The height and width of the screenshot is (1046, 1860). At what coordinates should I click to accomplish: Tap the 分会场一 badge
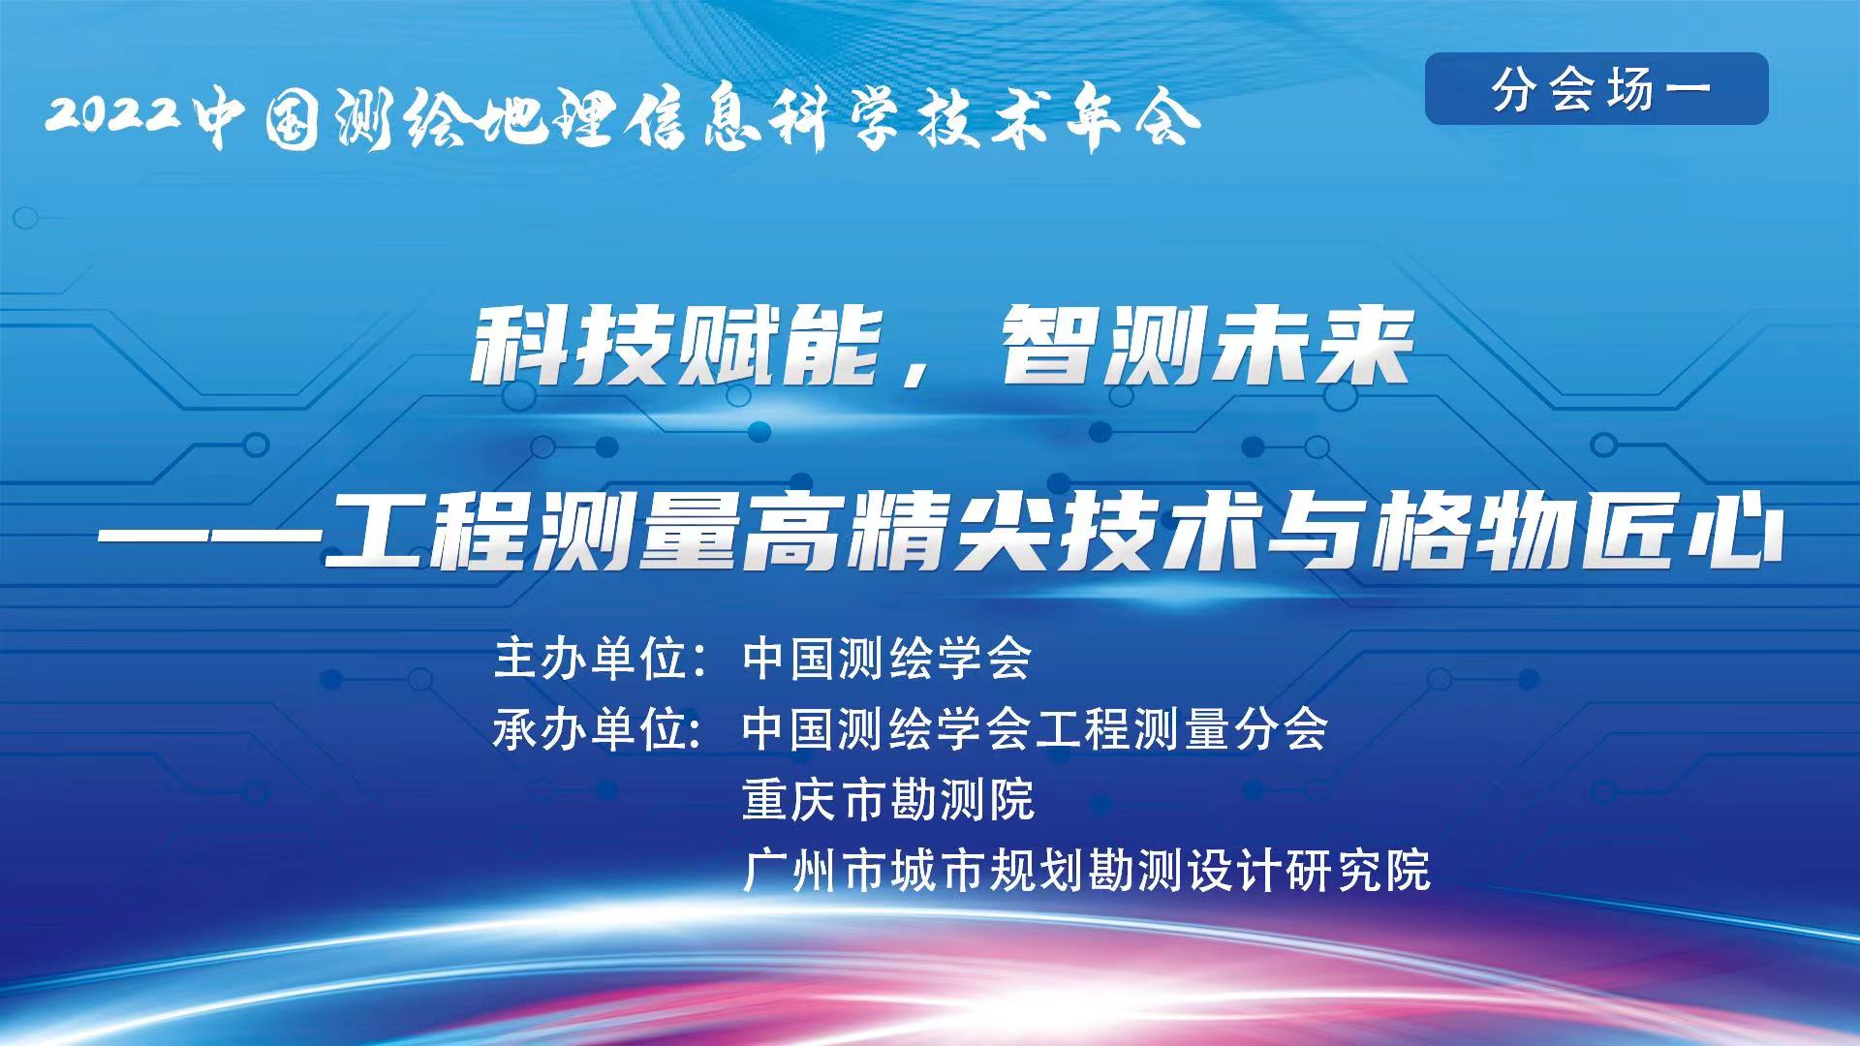[x=1596, y=89]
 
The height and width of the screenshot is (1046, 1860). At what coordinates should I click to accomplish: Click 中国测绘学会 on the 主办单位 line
[x=887, y=659]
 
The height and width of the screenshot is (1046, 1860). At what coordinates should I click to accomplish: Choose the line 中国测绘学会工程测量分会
[x=1035, y=729]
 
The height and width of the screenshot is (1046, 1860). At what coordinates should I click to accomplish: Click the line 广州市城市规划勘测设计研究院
[x=1086, y=870]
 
